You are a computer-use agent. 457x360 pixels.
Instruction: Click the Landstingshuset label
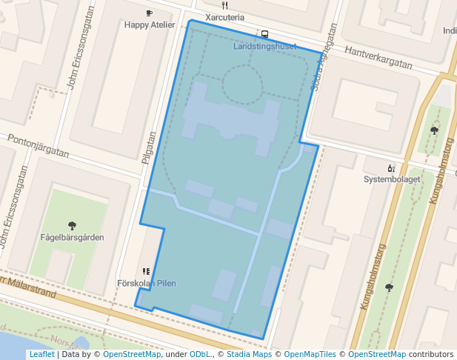[264, 47]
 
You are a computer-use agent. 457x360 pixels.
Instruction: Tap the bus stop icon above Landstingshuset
[264, 34]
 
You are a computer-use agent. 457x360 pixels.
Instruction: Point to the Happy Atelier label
[150, 25]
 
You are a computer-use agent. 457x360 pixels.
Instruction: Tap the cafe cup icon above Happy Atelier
[150, 13]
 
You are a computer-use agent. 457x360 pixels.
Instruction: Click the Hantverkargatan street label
[378, 58]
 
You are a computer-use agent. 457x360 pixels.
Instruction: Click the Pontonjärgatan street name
[37, 146]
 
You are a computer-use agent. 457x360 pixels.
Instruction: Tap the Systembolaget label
[392, 179]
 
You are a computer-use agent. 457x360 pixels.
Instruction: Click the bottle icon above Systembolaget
[391, 168]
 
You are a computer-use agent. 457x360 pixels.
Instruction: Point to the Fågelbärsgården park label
[72, 237]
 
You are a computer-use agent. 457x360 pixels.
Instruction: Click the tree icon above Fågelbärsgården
[72, 225]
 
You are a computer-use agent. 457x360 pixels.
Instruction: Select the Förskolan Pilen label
[147, 284]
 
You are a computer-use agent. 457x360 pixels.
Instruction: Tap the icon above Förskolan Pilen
[147, 272]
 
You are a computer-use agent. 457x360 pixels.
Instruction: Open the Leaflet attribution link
[41, 354]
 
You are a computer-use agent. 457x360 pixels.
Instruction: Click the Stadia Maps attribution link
[248, 354]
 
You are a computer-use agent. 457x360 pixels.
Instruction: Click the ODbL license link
[200, 354]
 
